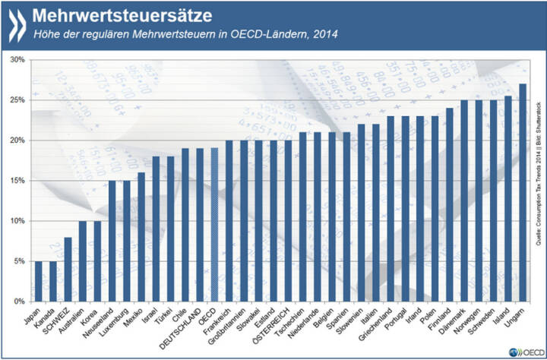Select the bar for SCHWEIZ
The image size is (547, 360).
tap(68, 269)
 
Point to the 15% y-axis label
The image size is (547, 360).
tap(17, 181)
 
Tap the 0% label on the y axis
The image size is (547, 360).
tap(19, 302)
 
